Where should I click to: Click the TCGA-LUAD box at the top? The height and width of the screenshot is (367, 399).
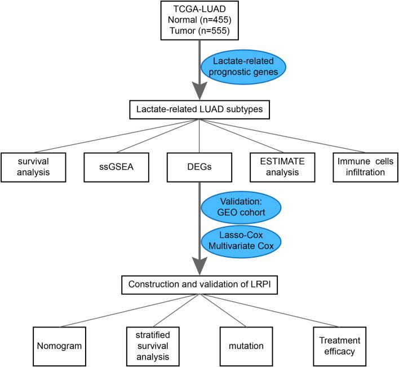(199, 21)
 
